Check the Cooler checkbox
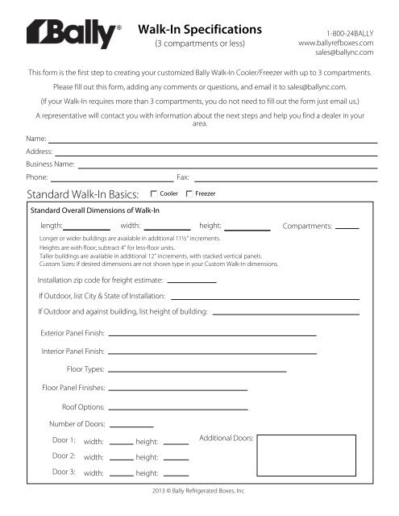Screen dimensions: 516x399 154,194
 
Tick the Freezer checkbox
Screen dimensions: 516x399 189,194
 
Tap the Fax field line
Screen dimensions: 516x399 285,177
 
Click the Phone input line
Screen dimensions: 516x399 112,177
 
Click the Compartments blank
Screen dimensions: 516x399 347,228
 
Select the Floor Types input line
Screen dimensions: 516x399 197,370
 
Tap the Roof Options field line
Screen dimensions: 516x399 178,407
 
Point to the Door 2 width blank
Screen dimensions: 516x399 121,458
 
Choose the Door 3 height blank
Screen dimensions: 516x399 176,475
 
